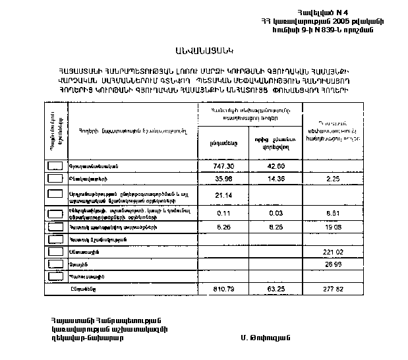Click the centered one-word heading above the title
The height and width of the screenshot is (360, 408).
pyautogui.click(x=204, y=51)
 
